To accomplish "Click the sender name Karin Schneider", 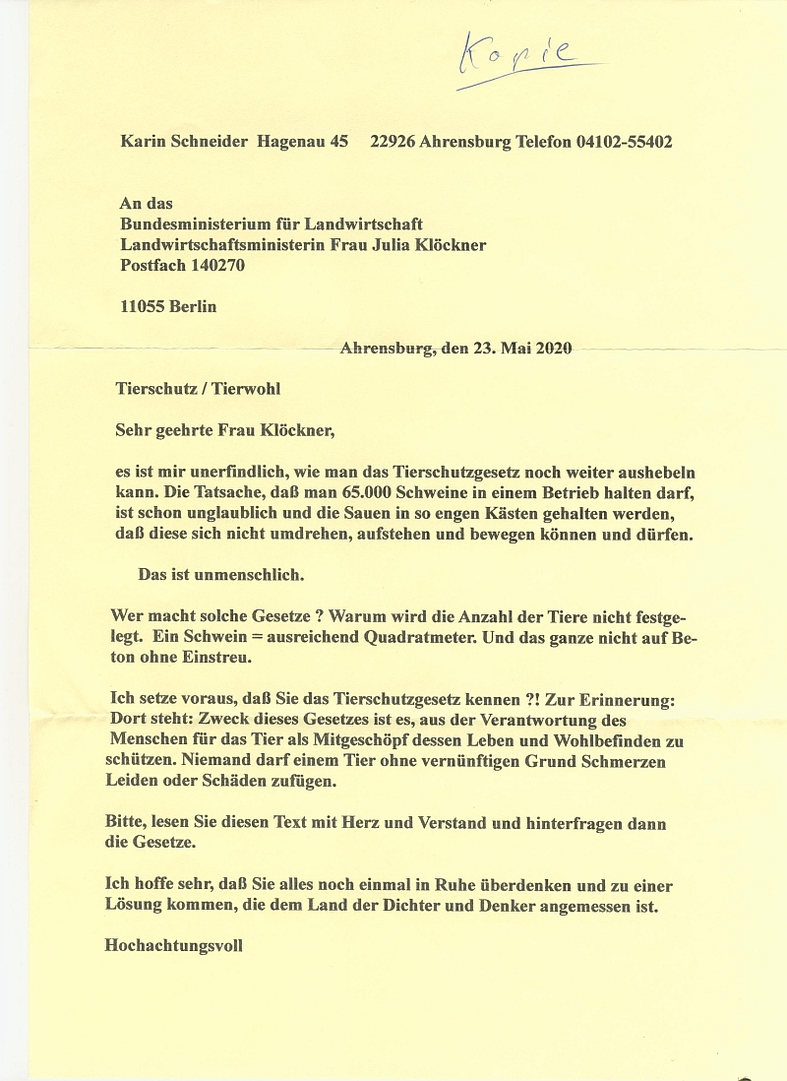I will pos(183,142).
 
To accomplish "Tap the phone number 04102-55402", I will pos(624,142).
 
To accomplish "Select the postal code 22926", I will pos(393,142).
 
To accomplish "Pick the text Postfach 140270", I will pos(182,265).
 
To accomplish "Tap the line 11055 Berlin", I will pos(167,306).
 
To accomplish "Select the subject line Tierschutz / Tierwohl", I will pos(198,389).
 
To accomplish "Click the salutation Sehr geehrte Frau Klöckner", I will pos(225,430).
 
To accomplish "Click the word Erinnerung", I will pos(626,699).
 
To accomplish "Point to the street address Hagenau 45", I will pos(303,142).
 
